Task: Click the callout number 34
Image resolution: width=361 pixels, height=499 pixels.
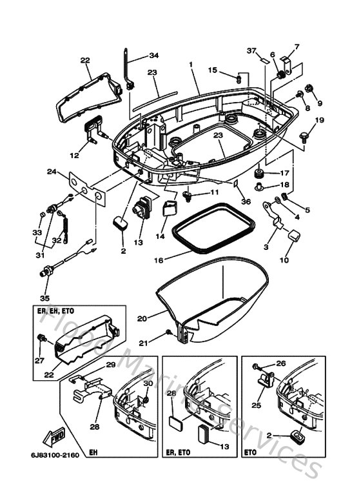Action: [x=153, y=55]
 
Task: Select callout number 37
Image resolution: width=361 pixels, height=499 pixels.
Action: [x=251, y=50]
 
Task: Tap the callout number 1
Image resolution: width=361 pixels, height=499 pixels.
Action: [x=191, y=65]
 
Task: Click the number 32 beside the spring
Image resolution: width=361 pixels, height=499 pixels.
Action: [x=56, y=240]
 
